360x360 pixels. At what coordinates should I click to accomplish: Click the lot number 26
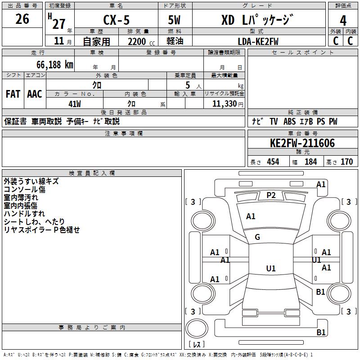(x=22, y=19)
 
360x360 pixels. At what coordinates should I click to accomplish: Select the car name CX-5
(x=116, y=20)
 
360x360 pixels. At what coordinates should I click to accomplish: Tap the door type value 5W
(x=174, y=20)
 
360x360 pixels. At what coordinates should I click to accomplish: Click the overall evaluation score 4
(x=343, y=20)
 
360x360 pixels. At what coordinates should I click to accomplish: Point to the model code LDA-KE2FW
(x=258, y=41)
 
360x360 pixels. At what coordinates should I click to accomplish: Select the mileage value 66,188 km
(x=52, y=64)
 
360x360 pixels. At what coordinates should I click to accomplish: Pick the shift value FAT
(x=13, y=94)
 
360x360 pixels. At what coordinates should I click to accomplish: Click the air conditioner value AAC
(x=34, y=94)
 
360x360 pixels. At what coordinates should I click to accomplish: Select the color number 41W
(x=75, y=104)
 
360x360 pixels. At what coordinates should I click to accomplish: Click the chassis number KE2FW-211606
(x=302, y=144)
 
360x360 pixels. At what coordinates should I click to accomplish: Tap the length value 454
(x=273, y=162)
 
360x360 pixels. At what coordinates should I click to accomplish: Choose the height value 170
(x=346, y=162)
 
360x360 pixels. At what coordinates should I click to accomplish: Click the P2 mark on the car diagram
(x=271, y=195)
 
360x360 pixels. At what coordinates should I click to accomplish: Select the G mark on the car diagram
(x=257, y=237)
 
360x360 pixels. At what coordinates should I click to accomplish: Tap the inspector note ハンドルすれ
(x=24, y=214)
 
